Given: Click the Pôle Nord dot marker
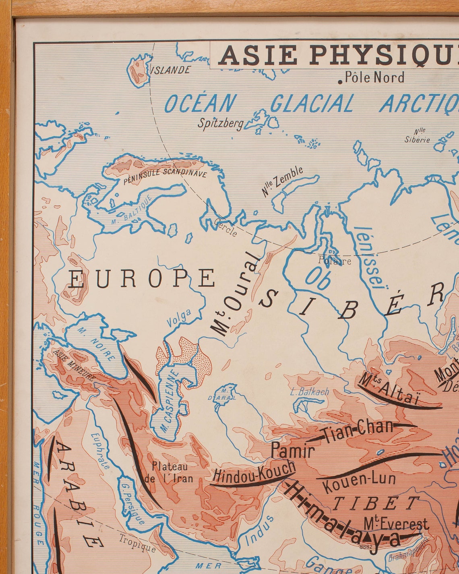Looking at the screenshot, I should click(x=340, y=82).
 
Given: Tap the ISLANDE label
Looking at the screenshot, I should click(x=170, y=70).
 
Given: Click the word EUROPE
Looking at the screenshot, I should click(x=141, y=278).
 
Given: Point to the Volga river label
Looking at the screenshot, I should click(x=179, y=317).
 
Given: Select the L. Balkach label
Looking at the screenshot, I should click(x=309, y=391).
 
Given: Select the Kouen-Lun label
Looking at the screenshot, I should click(x=359, y=481).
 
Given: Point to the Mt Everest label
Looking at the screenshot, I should click(x=396, y=524).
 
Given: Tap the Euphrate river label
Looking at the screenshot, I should click(x=100, y=451).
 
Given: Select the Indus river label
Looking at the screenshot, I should click(x=260, y=528).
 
